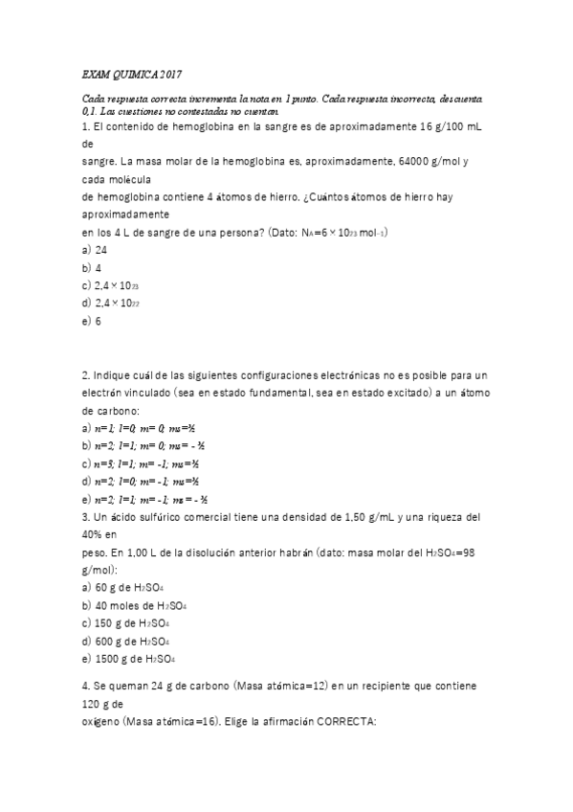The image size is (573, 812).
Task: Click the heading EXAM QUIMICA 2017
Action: pos(132,75)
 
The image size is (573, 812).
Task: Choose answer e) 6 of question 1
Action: pos(92,321)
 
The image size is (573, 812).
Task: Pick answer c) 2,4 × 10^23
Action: pos(113,285)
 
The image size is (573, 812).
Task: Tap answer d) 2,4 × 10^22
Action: pos(113,304)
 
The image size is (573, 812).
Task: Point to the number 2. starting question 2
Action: pos(85,374)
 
